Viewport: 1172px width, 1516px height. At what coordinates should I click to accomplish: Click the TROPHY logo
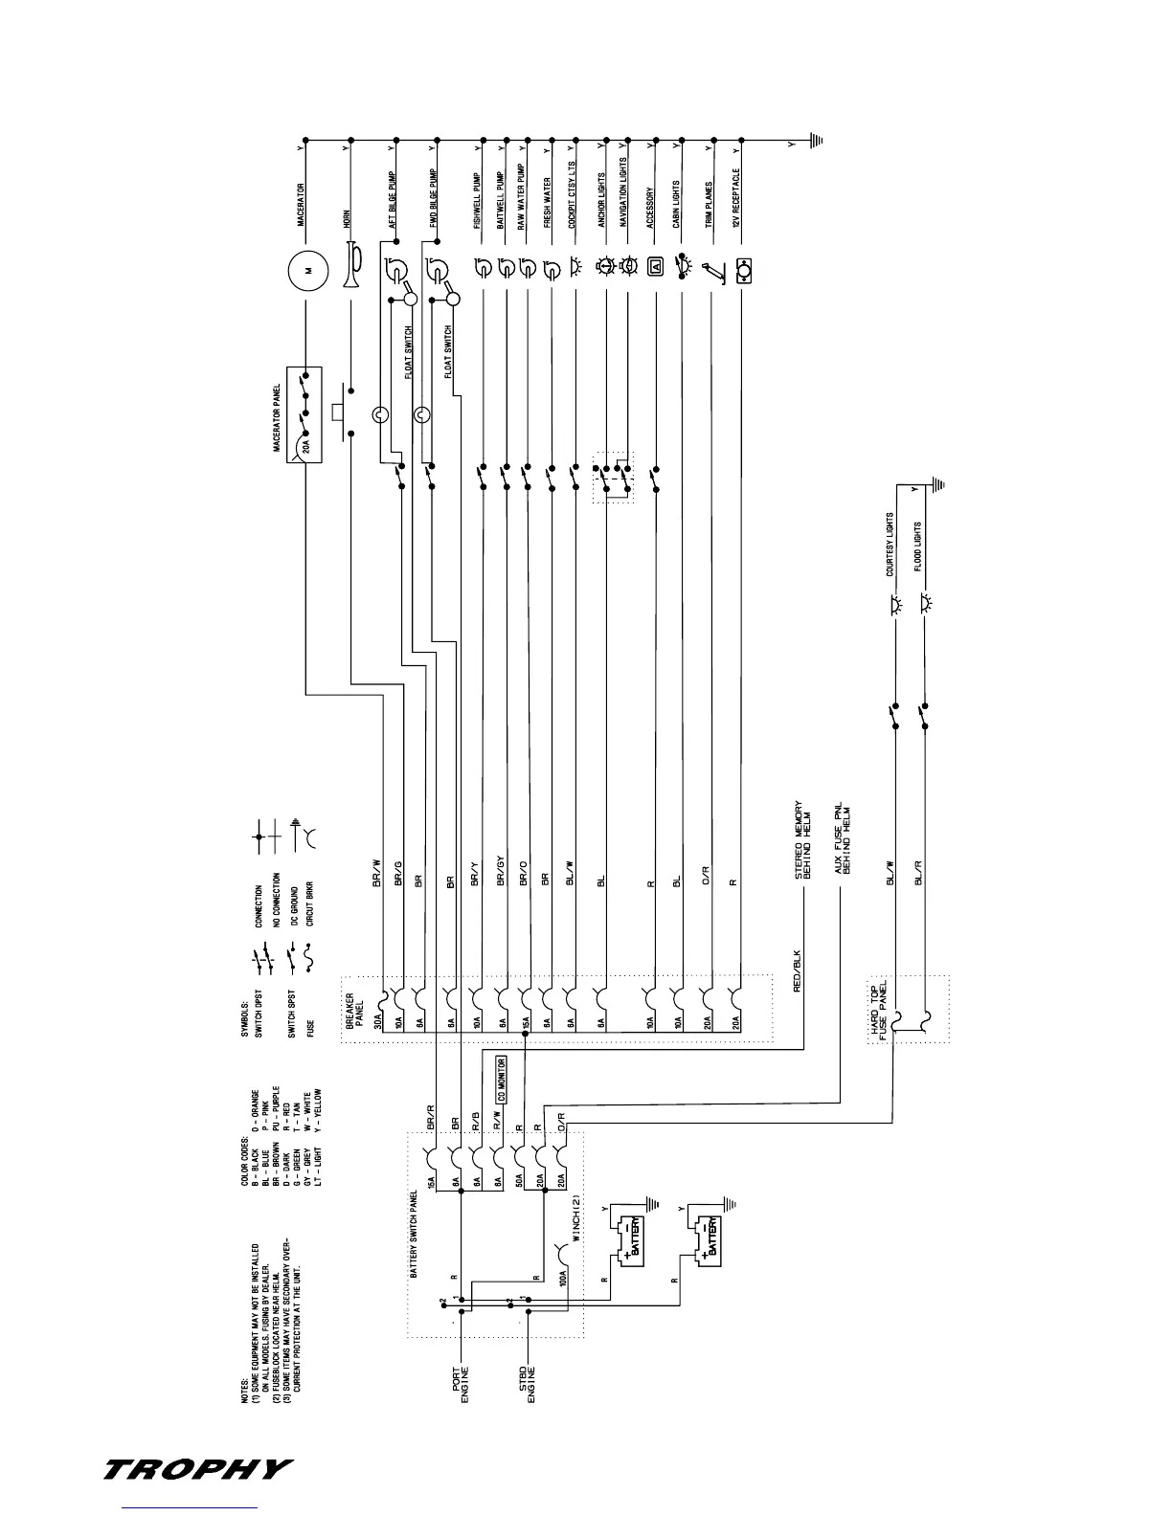pyautogui.click(x=197, y=1469)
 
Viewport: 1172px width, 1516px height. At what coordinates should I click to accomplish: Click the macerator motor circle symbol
pyautogui.click(x=307, y=270)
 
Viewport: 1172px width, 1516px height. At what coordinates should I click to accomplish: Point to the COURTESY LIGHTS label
pyautogui.click(x=890, y=545)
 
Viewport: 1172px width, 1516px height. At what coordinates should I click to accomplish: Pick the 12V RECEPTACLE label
pyautogui.click(x=736, y=197)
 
